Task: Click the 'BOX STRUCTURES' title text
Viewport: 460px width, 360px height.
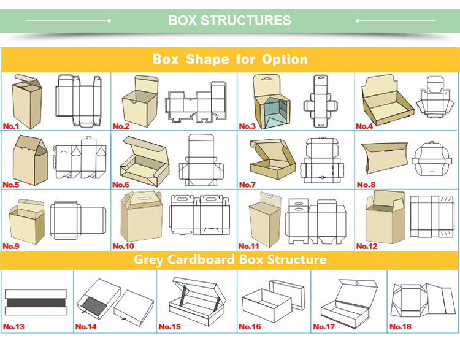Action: pos(229,20)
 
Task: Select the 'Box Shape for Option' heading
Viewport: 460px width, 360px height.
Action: pos(230,59)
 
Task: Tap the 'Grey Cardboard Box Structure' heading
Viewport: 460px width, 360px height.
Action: pos(230,259)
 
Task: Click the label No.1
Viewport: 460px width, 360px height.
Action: pos(11,126)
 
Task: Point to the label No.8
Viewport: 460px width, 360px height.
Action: pos(366,185)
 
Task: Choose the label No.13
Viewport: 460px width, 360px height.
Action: pos(13,326)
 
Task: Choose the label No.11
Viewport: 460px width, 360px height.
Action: pos(248,246)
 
